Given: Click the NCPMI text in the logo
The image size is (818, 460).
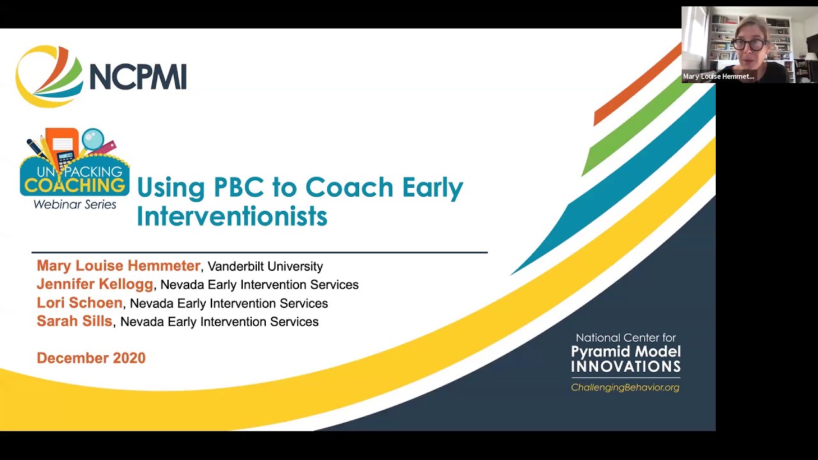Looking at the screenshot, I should pos(137,77).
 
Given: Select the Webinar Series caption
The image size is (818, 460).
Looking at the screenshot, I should pos(75,204).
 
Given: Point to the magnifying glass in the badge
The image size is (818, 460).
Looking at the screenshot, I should pos(93,140).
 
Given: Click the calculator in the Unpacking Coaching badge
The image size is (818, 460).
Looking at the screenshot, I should pos(65,159).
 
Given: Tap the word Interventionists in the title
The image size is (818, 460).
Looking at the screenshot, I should pos(231,216).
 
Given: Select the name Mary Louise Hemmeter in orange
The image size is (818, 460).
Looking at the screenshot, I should pos(118,266).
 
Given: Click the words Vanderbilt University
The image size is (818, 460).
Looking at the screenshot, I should pos(265,266).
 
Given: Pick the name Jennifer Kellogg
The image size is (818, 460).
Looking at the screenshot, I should pos(95,284).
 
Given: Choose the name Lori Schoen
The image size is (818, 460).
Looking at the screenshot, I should pos(79,303).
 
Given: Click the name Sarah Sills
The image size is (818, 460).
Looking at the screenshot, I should pos(74,321).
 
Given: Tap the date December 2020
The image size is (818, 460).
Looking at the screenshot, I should pos(91,358).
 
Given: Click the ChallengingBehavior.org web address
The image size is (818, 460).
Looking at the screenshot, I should pos(625,387).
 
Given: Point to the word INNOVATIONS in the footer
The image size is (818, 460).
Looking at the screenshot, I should pos(625,367).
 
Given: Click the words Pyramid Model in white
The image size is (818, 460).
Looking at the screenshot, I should pos(625,351).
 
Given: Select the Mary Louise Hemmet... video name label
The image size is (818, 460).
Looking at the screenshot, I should pos(718,77).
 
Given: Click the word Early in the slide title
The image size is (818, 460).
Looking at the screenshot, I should pos(432,187).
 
